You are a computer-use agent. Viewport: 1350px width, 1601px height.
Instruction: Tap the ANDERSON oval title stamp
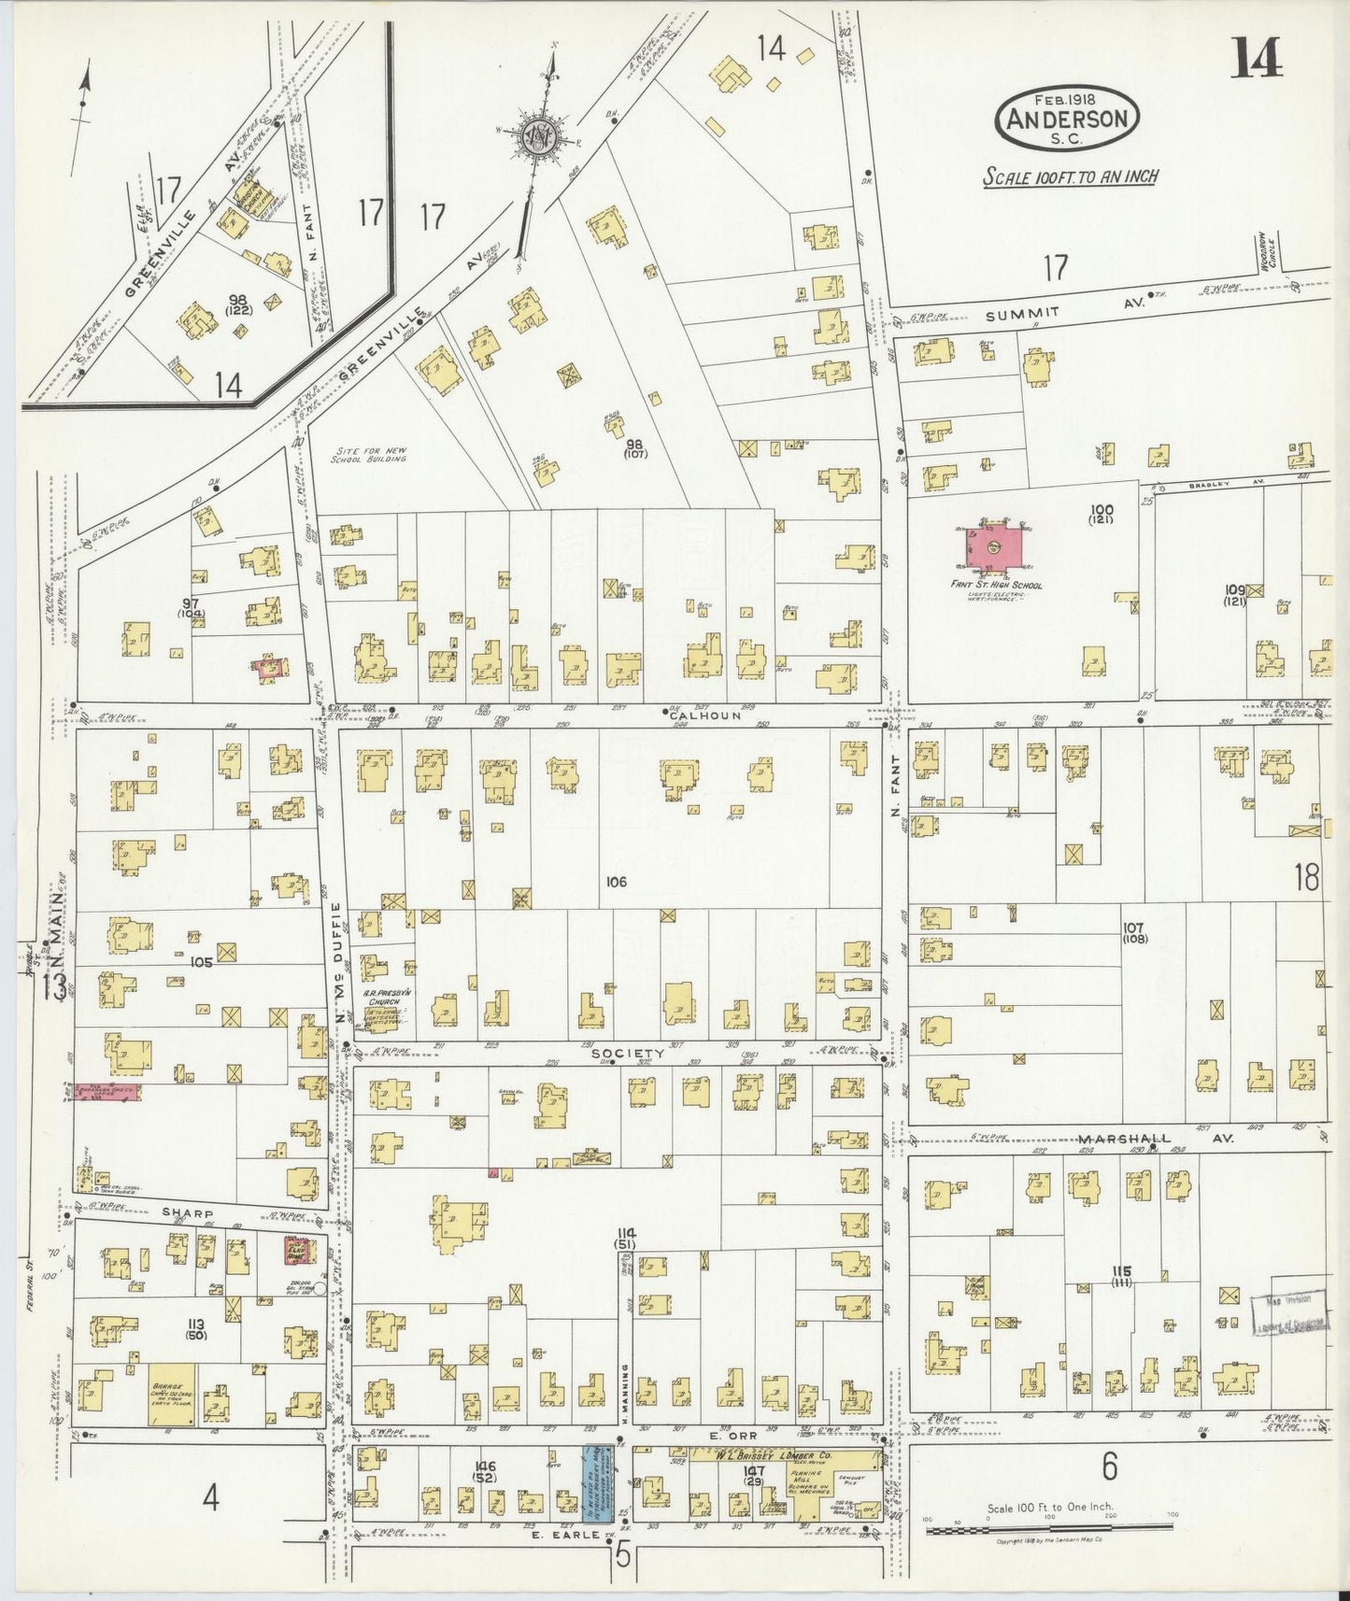tap(1067, 118)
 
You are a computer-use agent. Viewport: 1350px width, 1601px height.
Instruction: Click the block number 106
tap(616, 881)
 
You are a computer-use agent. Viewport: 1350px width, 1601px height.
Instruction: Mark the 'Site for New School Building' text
tap(371, 454)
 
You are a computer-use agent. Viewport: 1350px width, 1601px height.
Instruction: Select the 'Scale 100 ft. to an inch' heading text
tap(1070, 177)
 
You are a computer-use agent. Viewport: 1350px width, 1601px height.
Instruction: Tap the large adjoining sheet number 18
tap(1306, 877)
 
